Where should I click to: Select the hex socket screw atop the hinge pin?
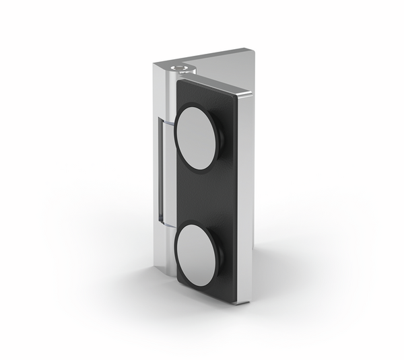pyautogui.click(x=180, y=67)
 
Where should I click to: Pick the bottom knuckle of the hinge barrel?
pyautogui.click(x=168, y=249)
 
